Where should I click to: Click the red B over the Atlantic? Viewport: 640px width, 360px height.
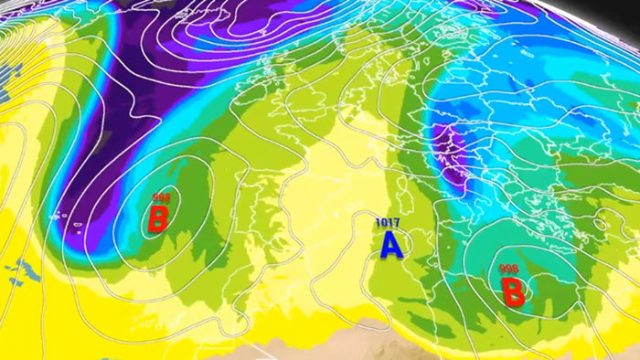click(x=158, y=219)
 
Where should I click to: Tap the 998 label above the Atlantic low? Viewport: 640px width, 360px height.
click(x=162, y=197)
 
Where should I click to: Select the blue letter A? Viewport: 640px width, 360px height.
click(x=391, y=244)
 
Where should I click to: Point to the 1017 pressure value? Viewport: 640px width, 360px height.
click(x=388, y=222)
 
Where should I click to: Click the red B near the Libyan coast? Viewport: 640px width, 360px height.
click(x=513, y=292)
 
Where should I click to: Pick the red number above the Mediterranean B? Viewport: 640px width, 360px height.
click(x=510, y=269)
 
